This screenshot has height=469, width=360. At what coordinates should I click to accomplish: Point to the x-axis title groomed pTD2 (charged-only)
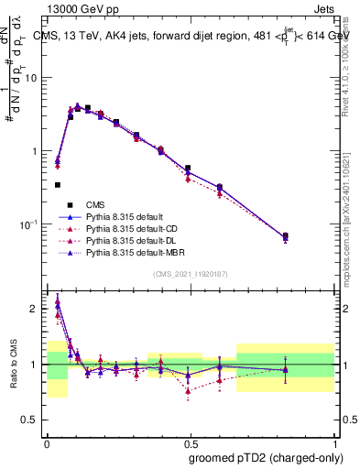click(x=265, y=458)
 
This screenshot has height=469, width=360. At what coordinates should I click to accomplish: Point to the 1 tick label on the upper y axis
click(x=35, y=151)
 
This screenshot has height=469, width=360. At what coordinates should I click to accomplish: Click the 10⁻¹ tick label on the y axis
click(x=29, y=224)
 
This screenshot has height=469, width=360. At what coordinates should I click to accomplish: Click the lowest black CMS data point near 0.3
click(x=58, y=185)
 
